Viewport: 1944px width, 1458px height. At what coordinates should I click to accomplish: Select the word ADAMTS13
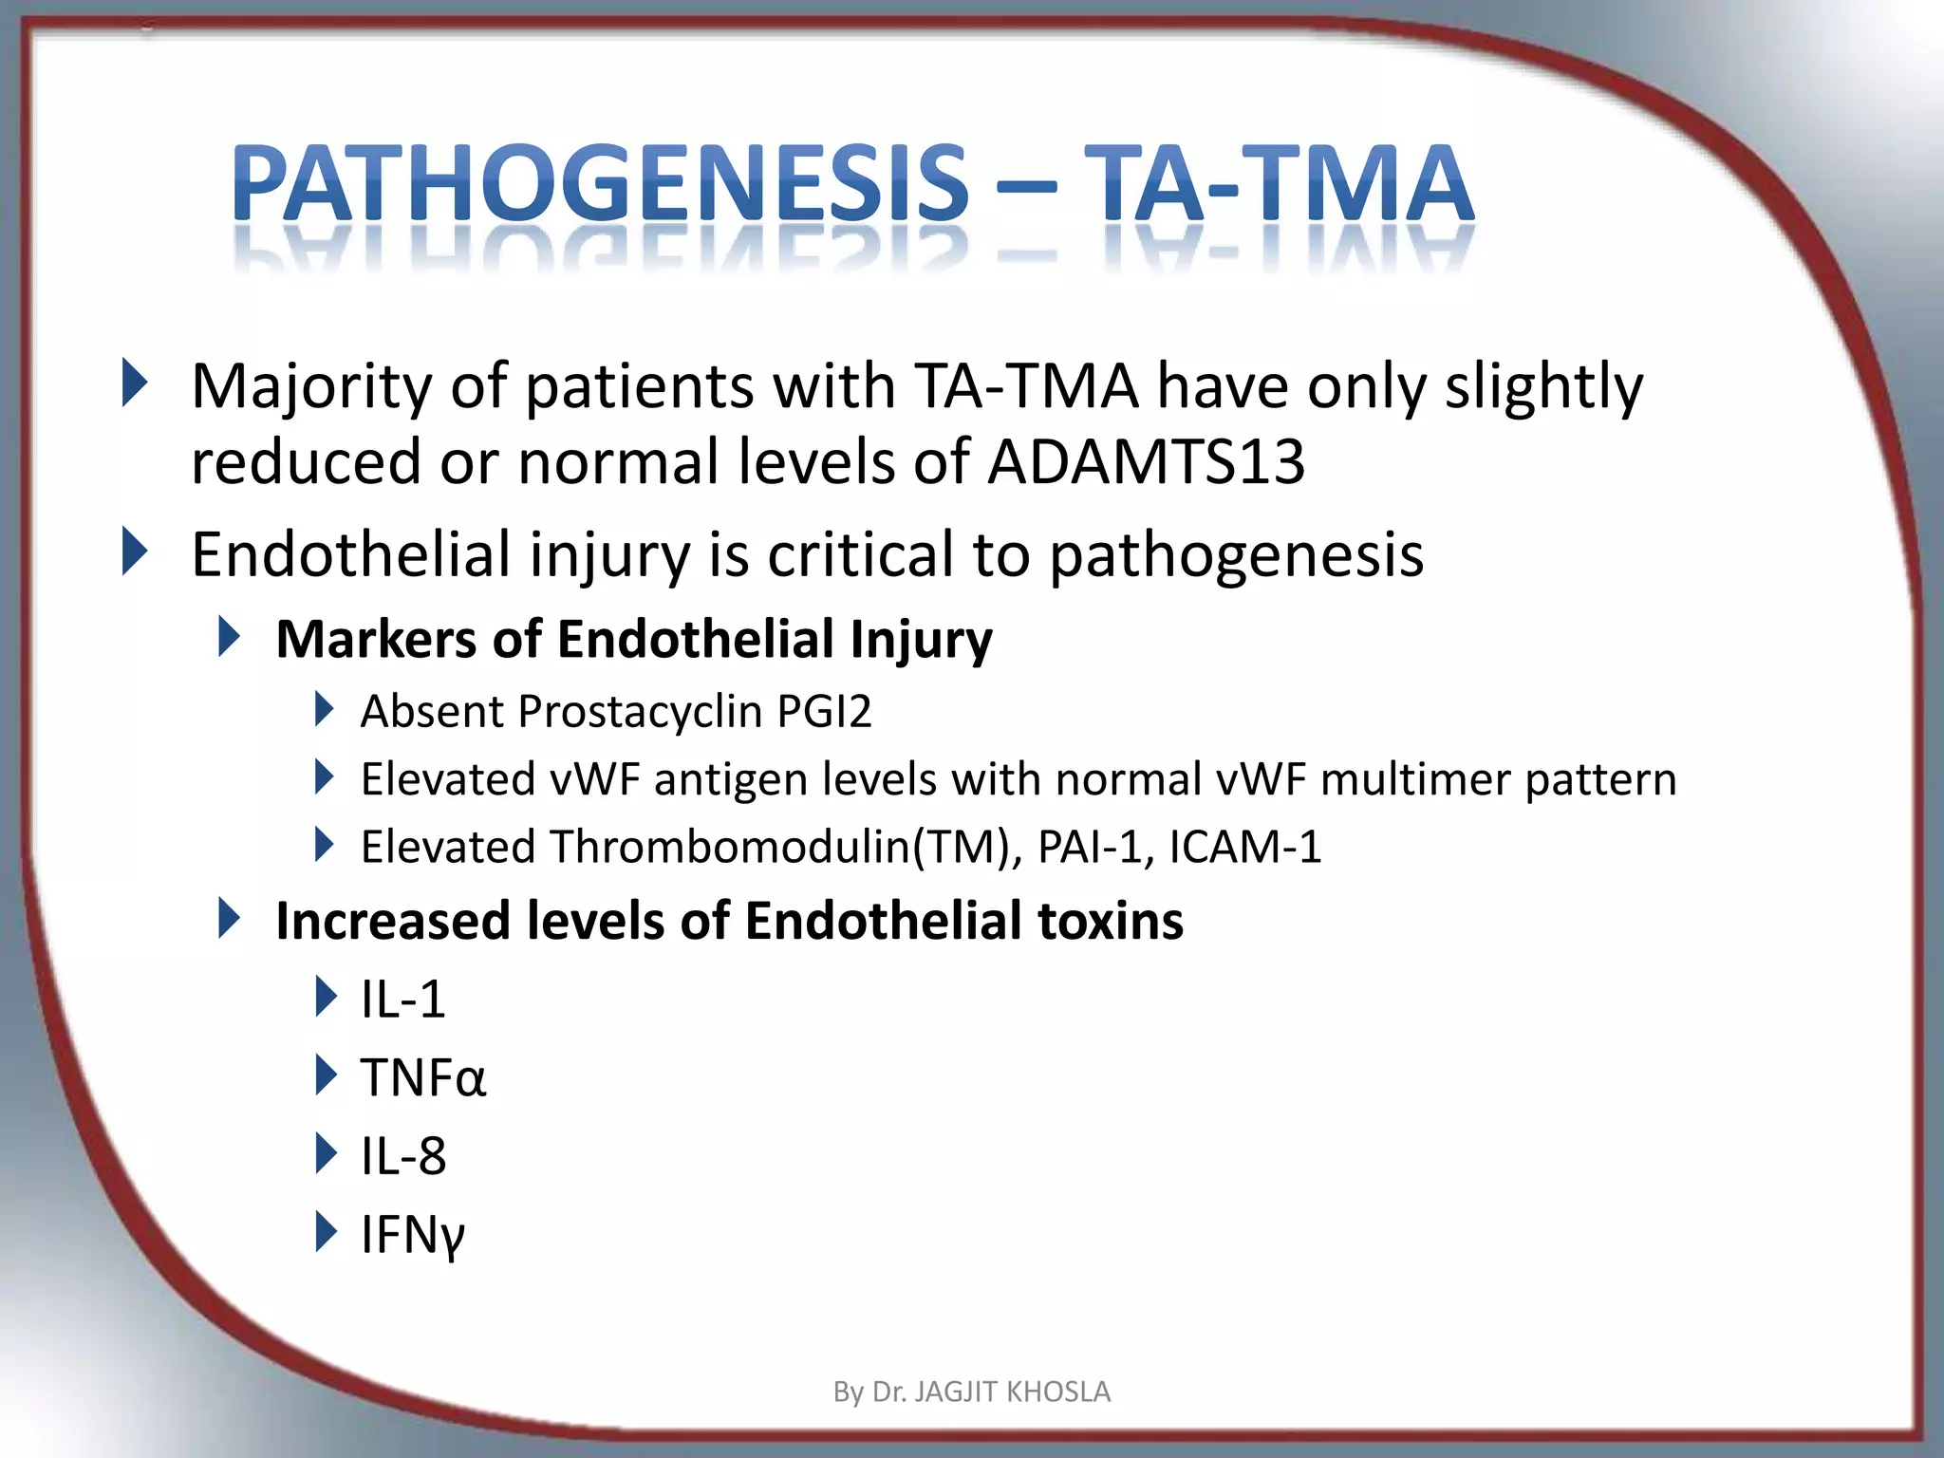(1146, 462)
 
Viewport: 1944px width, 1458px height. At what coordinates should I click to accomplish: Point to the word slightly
(1543, 387)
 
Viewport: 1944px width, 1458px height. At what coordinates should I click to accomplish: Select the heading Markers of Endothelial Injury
(633, 639)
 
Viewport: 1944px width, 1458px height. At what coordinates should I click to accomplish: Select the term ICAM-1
(1244, 847)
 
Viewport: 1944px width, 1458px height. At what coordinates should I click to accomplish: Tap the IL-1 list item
(402, 1000)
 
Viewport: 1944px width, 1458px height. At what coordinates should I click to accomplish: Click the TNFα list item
(422, 1078)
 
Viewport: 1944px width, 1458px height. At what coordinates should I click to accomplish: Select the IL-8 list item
(402, 1156)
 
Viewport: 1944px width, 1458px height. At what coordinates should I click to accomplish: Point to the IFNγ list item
(412, 1235)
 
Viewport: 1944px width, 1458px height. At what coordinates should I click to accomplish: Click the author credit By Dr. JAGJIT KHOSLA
(971, 1392)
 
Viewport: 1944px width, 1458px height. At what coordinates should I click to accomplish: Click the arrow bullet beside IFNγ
(326, 1232)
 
